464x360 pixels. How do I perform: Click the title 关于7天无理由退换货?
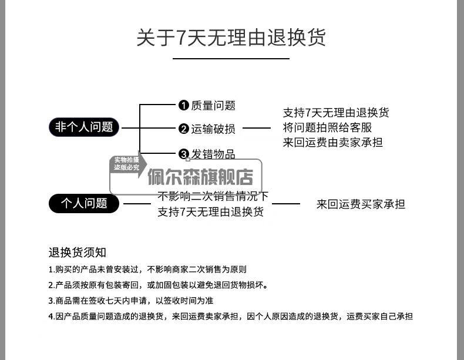pyautogui.click(x=231, y=38)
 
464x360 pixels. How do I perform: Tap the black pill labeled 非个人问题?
pyautogui.click(x=83, y=127)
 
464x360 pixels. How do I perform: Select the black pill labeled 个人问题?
pyautogui.click(x=83, y=204)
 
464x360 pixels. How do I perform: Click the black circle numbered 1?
pyautogui.click(x=183, y=106)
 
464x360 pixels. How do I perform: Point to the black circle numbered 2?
pyautogui.click(x=183, y=129)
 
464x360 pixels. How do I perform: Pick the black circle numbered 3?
pyautogui.click(x=183, y=154)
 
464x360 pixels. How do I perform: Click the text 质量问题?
pyautogui.click(x=213, y=106)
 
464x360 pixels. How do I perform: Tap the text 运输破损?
pyautogui.click(x=213, y=129)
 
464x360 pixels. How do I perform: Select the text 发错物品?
pyautogui.click(x=213, y=154)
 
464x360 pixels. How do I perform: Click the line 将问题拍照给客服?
pyautogui.click(x=327, y=127)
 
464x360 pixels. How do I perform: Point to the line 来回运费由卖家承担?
pyautogui.click(x=332, y=142)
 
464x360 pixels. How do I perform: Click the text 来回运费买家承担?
pyautogui.click(x=361, y=204)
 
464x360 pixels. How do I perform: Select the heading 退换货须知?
pyautogui.click(x=77, y=253)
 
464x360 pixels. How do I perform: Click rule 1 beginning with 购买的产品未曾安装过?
pyautogui.click(x=147, y=270)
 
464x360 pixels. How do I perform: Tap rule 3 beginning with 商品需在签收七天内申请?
pyautogui.click(x=130, y=301)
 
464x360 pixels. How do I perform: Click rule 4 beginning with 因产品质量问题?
pyautogui.click(x=230, y=317)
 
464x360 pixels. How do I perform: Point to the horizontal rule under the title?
pyautogui.click(x=231, y=59)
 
